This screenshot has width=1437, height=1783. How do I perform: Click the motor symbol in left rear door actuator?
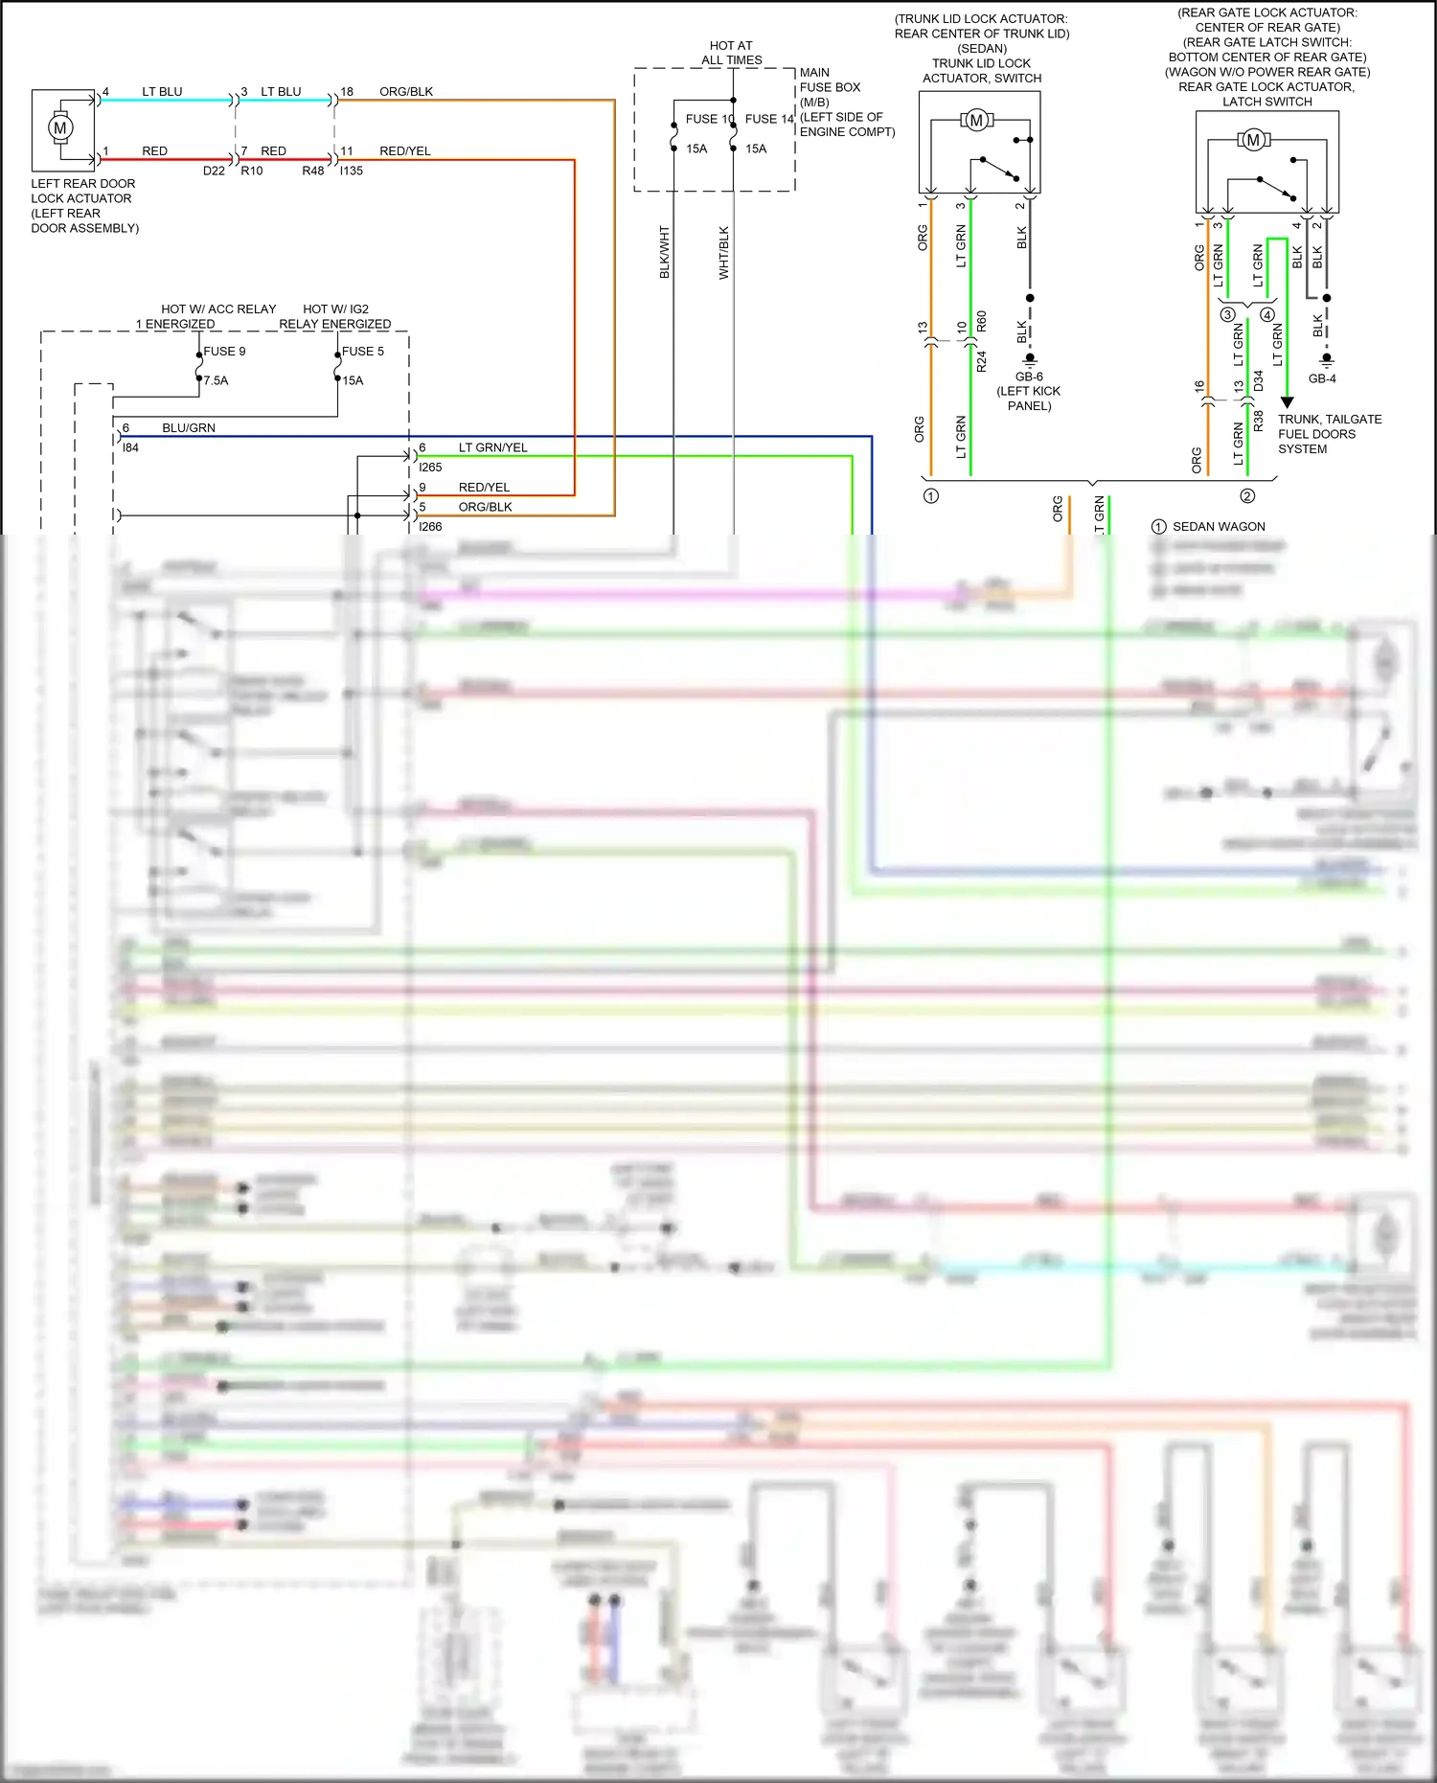coord(60,127)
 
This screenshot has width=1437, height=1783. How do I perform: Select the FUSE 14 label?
coord(768,119)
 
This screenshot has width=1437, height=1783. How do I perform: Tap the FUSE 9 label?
coord(224,352)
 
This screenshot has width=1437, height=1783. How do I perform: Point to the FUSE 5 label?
coord(362,352)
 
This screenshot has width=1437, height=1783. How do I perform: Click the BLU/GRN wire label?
coord(189,428)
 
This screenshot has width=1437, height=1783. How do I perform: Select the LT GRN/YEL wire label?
coord(492,447)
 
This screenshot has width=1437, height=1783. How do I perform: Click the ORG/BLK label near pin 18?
coord(406,92)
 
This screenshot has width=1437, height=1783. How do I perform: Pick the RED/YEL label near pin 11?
coord(404,151)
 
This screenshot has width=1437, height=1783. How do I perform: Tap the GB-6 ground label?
coord(1029,377)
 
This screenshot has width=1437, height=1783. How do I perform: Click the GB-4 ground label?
coord(1322,378)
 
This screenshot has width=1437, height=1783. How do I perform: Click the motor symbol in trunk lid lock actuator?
coord(976,120)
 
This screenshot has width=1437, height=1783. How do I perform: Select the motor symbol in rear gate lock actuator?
coord(1252,140)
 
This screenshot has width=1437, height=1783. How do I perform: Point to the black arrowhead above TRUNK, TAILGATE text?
coord(1288,402)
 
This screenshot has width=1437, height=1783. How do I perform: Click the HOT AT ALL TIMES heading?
coord(731,53)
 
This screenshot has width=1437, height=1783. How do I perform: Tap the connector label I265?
coord(430,468)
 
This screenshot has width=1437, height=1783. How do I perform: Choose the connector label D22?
coord(214,171)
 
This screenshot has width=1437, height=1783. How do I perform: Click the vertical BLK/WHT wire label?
coord(665,253)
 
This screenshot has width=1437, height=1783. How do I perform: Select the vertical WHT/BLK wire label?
coord(724,253)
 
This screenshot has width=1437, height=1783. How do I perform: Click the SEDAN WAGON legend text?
coord(1219,527)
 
